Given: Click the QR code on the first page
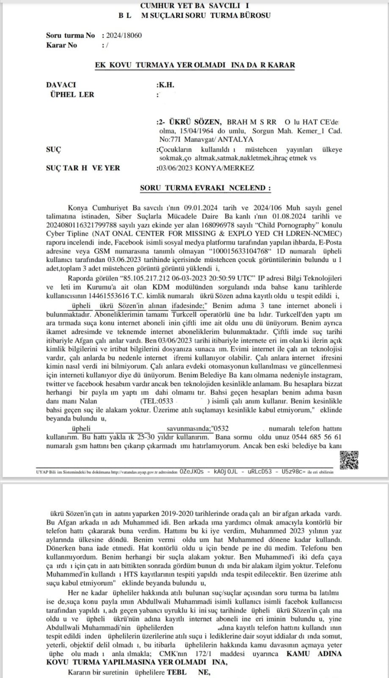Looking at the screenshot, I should click(x=349, y=460).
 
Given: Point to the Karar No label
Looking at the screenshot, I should click(x=61, y=45).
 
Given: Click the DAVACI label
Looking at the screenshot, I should click(x=61, y=85).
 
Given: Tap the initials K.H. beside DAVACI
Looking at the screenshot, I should click(x=166, y=85).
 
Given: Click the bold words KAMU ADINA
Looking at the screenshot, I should click(x=314, y=654).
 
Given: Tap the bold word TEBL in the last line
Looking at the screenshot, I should click(x=177, y=672).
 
